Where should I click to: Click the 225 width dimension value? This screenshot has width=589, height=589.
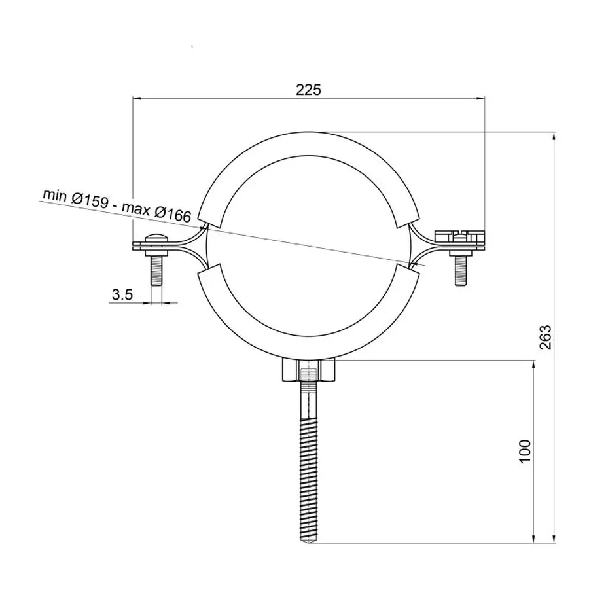point(308,90)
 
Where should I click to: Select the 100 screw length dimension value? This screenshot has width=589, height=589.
point(524,452)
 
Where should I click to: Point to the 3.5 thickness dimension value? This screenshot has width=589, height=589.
point(122,294)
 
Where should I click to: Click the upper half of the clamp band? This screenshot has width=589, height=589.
point(308,145)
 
